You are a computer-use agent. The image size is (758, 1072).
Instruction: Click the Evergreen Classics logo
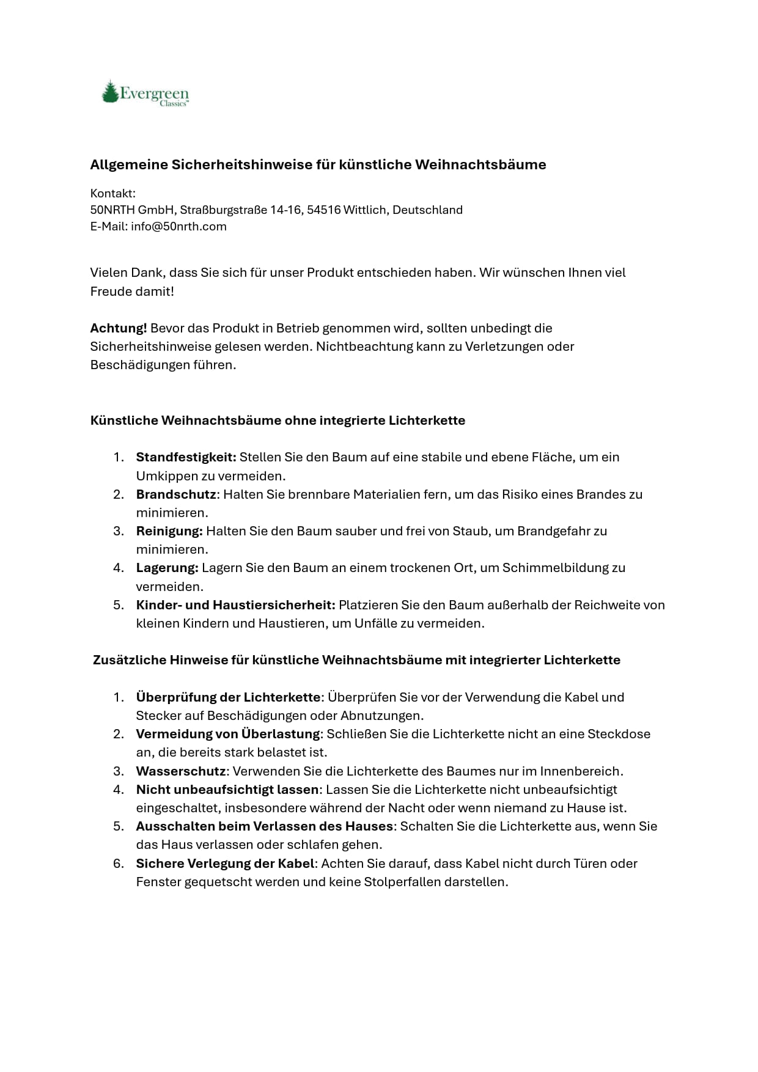point(145,94)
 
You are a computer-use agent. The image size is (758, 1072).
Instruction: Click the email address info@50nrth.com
point(178,226)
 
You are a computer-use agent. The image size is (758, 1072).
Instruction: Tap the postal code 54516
point(323,210)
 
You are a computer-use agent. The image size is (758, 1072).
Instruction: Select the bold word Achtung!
point(119,328)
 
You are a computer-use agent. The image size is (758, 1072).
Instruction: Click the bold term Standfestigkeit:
point(186,457)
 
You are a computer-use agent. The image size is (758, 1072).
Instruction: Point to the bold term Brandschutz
point(176,494)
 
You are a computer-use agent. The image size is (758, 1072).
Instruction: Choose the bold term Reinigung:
point(169,530)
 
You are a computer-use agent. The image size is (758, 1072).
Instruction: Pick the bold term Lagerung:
point(167,567)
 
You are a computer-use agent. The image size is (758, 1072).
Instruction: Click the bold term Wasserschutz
point(181,771)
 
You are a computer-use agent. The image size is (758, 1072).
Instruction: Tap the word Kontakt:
point(112,193)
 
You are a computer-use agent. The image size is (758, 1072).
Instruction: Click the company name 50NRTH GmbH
point(133,210)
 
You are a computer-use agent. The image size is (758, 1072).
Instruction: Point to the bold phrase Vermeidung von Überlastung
point(227,733)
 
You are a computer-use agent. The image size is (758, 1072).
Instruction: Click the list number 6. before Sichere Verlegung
point(119,863)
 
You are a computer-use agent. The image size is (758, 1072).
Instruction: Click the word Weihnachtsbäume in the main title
point(480,164)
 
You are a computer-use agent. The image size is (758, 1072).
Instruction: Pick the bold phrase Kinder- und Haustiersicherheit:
point(235,604)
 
